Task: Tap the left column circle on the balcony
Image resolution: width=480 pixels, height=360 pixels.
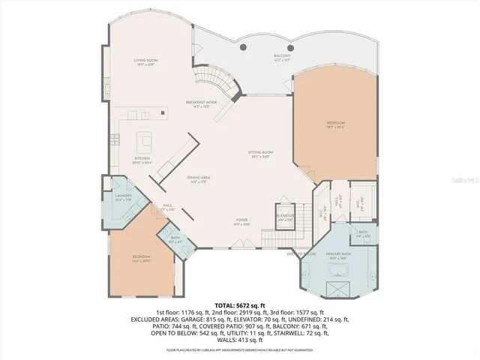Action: (243, 47)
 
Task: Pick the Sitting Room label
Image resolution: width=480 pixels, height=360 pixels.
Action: (261, 154)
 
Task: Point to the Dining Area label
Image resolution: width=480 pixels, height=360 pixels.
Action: (198, 178)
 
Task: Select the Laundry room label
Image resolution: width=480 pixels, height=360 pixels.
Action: (124, 196)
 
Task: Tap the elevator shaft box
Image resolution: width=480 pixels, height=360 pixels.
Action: (286, 217)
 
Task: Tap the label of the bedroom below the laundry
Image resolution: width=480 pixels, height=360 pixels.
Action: (141, 259)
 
